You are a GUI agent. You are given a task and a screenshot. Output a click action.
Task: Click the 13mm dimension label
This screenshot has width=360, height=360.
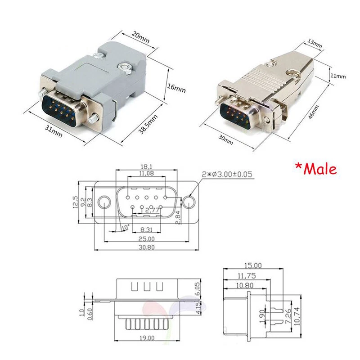pos(315,45)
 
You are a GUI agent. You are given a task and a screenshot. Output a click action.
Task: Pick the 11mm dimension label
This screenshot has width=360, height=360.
pos(338,76)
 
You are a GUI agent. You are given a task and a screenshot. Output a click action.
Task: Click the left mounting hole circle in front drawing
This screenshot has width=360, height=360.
pos(104,202)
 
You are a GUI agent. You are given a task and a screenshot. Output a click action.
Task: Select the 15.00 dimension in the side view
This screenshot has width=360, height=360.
pos(252,266)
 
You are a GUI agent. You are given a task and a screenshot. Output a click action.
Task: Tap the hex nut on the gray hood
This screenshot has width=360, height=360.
pos(125,68)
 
